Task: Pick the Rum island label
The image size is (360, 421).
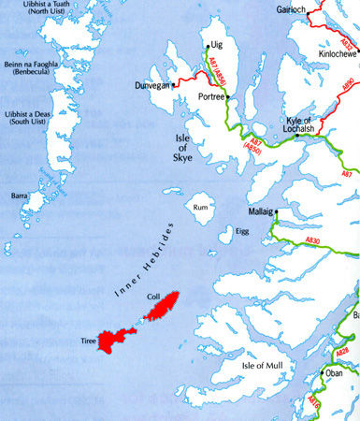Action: [x=198, y=208]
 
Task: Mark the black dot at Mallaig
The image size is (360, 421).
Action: [x=277, y=212]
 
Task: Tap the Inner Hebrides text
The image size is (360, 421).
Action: [x=137, y=261]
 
